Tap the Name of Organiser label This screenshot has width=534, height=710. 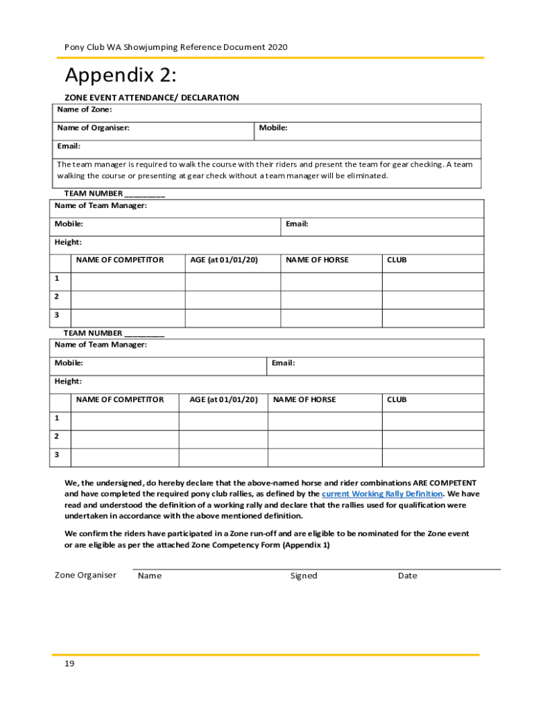pos(93,128)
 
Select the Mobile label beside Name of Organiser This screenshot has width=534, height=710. pos(273,128)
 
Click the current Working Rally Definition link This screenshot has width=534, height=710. pos(382,494)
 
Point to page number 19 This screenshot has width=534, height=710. pos(69,664)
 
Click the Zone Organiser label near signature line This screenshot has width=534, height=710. pos(85,575)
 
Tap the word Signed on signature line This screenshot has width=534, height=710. pos(304,575)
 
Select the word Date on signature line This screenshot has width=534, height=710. pos(408,575)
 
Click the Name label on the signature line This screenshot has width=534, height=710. pos(150,575)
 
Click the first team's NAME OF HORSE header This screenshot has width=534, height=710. pos(317,260)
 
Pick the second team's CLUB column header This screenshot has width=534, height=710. pos(397,399)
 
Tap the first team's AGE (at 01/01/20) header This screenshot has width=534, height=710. pos(224,260)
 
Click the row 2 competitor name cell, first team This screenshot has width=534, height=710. pos(128,300)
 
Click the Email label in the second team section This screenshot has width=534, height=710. pos(284,363)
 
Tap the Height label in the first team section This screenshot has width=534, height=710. pos(69,242)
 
